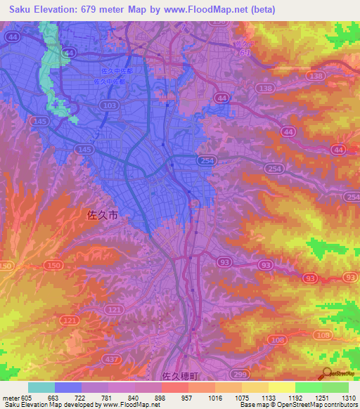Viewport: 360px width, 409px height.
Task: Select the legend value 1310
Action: tap(348, 397)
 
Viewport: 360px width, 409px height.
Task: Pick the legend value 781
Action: tap(108, 397)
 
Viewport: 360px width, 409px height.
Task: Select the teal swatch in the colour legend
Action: tap(41, 387)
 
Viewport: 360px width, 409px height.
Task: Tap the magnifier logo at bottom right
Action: tap(326, 375)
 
